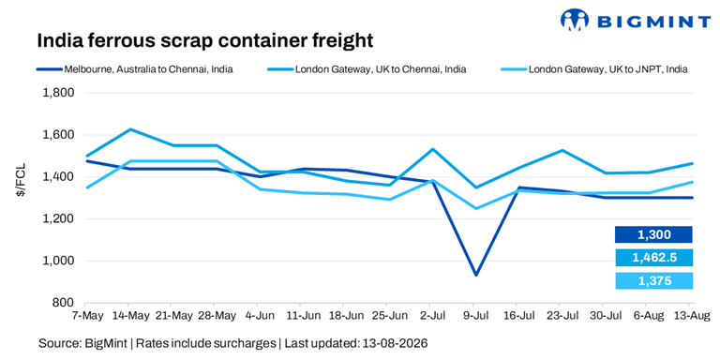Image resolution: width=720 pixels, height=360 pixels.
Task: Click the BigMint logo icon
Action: [575, 21]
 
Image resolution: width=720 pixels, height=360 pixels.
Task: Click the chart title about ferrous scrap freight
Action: [204, 40]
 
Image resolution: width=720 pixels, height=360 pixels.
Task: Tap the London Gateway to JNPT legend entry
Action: [592, 70]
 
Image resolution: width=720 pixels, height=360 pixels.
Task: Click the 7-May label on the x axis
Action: [85, 316]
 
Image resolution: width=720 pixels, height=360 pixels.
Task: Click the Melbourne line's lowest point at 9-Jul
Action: [475, 275]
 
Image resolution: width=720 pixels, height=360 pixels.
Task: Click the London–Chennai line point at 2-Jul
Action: [432, 149]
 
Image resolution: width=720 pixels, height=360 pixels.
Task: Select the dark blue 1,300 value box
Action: [653, 234]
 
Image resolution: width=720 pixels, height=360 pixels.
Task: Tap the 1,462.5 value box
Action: [653, 258]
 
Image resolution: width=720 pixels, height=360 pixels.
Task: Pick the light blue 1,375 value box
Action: [653, 280]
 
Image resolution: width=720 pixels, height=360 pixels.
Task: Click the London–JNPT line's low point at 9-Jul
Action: [475, 208]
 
